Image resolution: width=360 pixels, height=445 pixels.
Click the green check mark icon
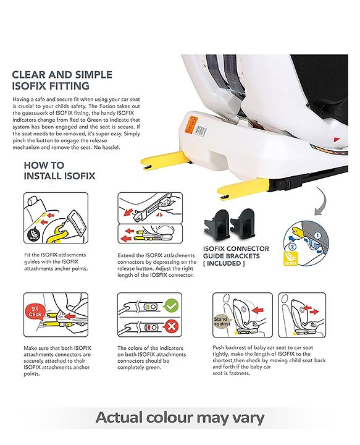171,306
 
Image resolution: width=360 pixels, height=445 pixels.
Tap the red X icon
171,327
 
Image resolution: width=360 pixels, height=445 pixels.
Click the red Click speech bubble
35,312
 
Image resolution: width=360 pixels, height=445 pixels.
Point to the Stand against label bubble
222,321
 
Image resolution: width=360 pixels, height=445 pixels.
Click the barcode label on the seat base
201,131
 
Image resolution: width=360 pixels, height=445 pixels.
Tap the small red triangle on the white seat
337,140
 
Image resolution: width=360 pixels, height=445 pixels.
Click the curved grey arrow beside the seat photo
322,201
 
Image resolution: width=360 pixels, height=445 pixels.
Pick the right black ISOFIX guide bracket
242,224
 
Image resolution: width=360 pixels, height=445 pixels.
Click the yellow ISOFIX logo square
291,258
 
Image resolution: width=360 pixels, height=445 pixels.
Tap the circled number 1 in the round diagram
317,235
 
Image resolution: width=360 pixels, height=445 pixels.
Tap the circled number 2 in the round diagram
292,247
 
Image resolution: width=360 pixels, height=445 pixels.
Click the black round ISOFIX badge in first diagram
33,235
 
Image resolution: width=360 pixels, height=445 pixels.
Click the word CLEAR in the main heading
28,75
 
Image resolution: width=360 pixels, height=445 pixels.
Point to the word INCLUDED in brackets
224,263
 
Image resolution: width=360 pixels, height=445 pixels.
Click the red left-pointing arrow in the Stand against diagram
257,310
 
